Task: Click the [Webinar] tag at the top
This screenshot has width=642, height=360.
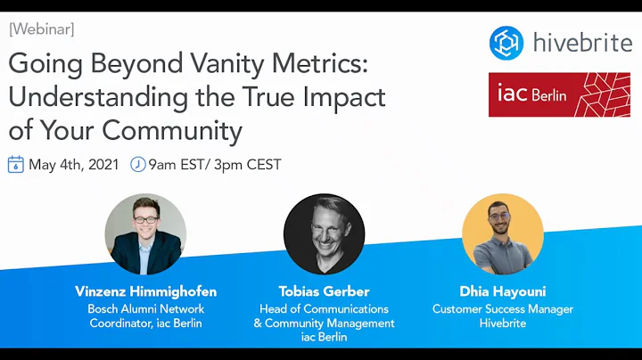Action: click(x=42, y=29)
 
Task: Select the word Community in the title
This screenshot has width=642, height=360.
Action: click(x=172, y=130)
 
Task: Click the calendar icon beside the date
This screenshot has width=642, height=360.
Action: click(x=16, y=164)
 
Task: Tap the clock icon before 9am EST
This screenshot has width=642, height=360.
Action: click(x=138, y=164)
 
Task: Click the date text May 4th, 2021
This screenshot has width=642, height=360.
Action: click(x=74, y=164)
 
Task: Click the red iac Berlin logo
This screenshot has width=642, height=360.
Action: click(x=559, y=94)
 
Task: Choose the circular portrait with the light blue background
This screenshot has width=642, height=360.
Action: click(x=145, y=234)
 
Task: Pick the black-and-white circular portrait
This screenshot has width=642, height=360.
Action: click(x=324, y=234)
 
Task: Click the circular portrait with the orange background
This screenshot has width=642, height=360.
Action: click(x=503, y=234)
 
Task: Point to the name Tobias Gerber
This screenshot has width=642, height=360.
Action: click(x=324, y=291)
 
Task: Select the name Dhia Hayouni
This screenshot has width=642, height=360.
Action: click(x=503, y=291)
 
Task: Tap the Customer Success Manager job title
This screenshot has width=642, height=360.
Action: click(x=503, y=308)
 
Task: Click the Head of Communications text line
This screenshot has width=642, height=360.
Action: click(x=324, y=308)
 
